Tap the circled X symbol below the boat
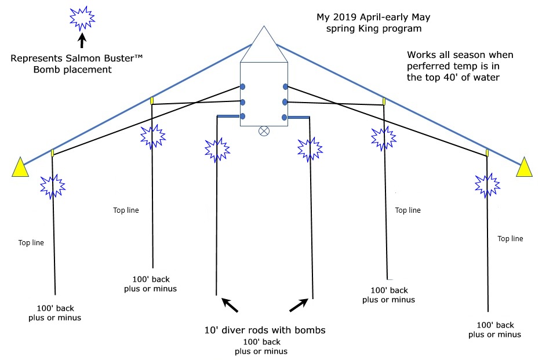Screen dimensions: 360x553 pyautogui.click(x=264, y=131)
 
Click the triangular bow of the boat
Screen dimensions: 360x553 pyautogui.click(x=264, y=46)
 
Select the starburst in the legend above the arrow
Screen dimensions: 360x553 pyautogui.click(x=82, y=19)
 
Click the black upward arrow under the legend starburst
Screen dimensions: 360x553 pyautogui.click(x=82, y=40)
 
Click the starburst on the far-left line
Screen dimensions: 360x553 pyautogui.click(x=52, y=186)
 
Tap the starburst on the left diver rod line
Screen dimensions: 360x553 pyautogui.click(x=217, y=150)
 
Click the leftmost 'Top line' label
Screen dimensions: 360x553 pyautogui.click(x=31, y=243)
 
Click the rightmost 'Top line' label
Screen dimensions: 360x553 pyautogui.click(x=510, y=238)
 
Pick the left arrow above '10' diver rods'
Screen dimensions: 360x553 pyautogui.click(x=230, y=305)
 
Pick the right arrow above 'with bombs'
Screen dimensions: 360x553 pyautogui.click(x=298, y=305)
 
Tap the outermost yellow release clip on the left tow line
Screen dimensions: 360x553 pyautogui.click(x=52, y=153)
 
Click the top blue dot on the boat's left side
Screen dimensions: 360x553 pyautogui.click(x=243, y=88)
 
